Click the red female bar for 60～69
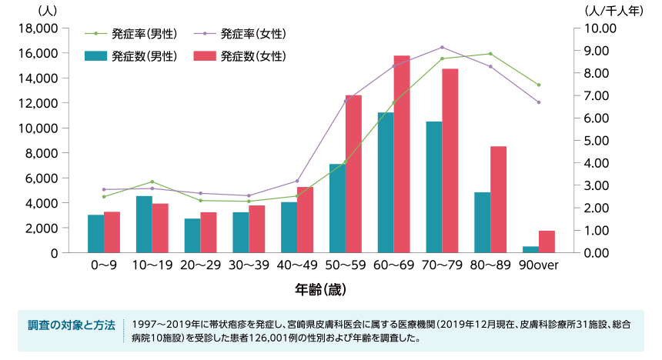402,154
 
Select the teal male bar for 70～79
434,187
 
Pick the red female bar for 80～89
499,199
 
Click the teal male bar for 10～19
144,224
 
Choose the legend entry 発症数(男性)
132,56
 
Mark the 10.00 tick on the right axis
600,28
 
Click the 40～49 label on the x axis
297,266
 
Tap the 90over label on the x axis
539,266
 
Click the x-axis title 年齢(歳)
320,290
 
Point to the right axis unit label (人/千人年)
614,10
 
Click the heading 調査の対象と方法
71,325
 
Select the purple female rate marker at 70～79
442,48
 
